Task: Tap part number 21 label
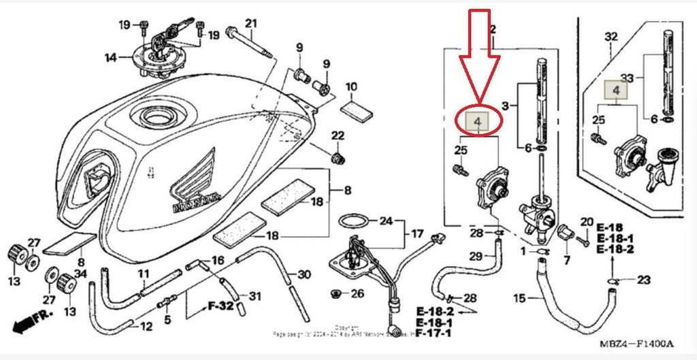[252, 25]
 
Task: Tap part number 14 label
[111, 58]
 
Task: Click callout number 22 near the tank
[338, 136]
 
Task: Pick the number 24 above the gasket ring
[387, 220]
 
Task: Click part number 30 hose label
[304, 274]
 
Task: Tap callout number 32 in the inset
[611, 36]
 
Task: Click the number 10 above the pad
[351, 87]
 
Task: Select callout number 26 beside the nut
[357, 294]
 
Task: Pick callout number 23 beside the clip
[645, 280]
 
